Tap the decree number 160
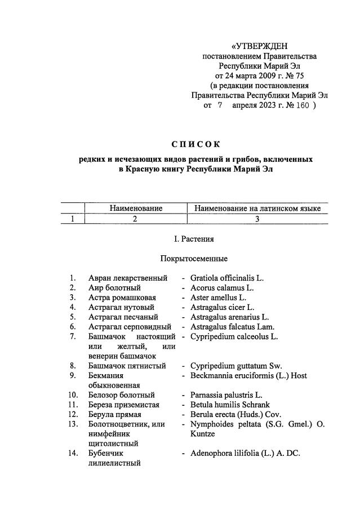point(303,105)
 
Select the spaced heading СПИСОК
point(195,145)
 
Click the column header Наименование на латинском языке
point(257,209)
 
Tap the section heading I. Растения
point(194,239)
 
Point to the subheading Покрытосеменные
point(195,259)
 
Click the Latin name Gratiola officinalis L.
point(226,278)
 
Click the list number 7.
point(73,336)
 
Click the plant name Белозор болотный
point(121,395)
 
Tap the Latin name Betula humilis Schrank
point(230,405)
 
